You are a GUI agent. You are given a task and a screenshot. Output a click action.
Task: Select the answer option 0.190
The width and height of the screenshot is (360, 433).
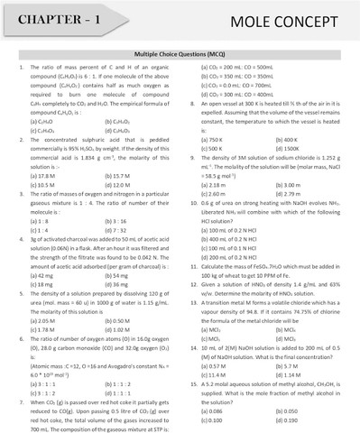point(290,421)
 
